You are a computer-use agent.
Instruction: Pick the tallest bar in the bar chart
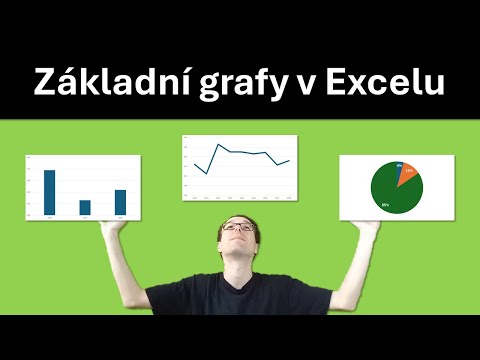click(x=49, y=192)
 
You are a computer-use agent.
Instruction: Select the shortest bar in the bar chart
click(x=85, y=207)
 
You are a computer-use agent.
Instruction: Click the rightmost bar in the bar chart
click(x=120, y=202)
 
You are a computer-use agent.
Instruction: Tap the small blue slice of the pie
click(x=400, y=167)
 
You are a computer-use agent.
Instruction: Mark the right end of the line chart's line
click(x=289, y=160)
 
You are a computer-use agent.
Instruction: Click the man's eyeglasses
click(x=240, y=228)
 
